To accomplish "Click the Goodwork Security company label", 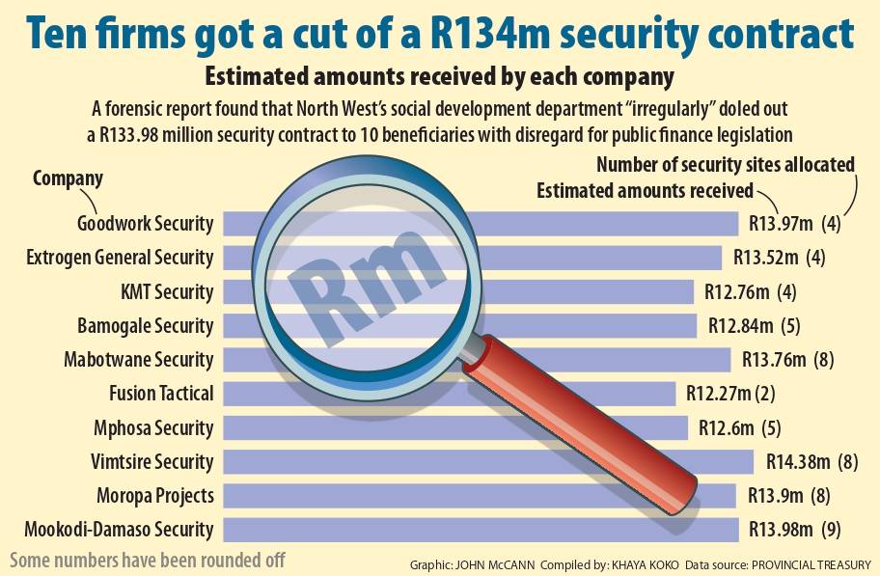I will coord(145,224).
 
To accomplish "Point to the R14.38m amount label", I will coord(797,461).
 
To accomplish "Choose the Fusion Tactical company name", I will coord(162,394).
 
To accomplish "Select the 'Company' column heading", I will coord(68,178).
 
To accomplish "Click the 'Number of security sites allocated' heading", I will coord(726,164).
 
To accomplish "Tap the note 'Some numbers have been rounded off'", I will coord(148,560).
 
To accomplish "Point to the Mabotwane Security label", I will coord(138,360).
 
